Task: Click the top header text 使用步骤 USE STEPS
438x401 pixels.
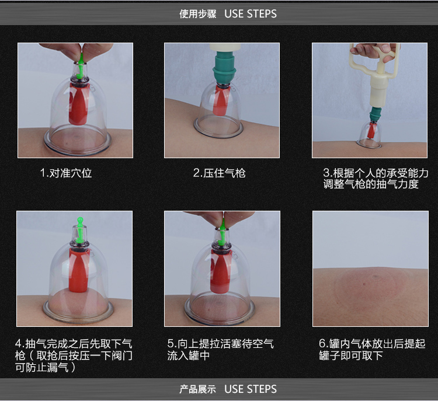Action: (228, 13)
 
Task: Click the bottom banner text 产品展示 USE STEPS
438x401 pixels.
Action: (228, 389)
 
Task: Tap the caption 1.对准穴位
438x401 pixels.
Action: (66, 173)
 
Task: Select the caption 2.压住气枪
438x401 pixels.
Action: (219, 173)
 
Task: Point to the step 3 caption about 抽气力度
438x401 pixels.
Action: (376, 179)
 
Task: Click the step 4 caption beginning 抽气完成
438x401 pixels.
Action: (74, 355)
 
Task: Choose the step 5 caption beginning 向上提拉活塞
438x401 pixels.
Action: (220, 350)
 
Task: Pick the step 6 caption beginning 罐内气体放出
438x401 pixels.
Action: (372, 350)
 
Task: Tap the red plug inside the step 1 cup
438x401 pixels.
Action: (78, 104)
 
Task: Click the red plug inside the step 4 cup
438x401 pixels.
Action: (79, 271)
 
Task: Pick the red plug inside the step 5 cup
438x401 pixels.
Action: (221, 271)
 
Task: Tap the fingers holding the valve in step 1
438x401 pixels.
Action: (75, 52)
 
